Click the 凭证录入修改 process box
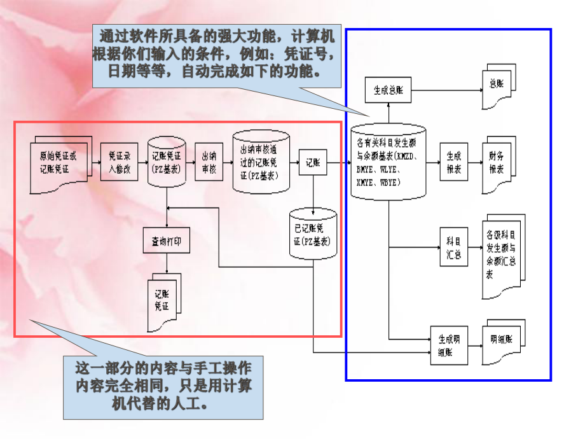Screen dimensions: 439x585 (x=119, y=162)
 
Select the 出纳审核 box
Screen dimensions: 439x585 (x=209, y=162)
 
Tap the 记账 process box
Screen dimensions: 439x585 (x=313, y=162)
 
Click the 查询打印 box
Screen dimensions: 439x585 (x=166, y=242)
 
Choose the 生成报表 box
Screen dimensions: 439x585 (x=453, y=162)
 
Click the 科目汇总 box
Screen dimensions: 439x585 (x=453, y=247)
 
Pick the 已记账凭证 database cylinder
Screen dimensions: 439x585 (x=313, y=233)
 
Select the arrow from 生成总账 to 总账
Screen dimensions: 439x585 (x=445, y=90)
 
